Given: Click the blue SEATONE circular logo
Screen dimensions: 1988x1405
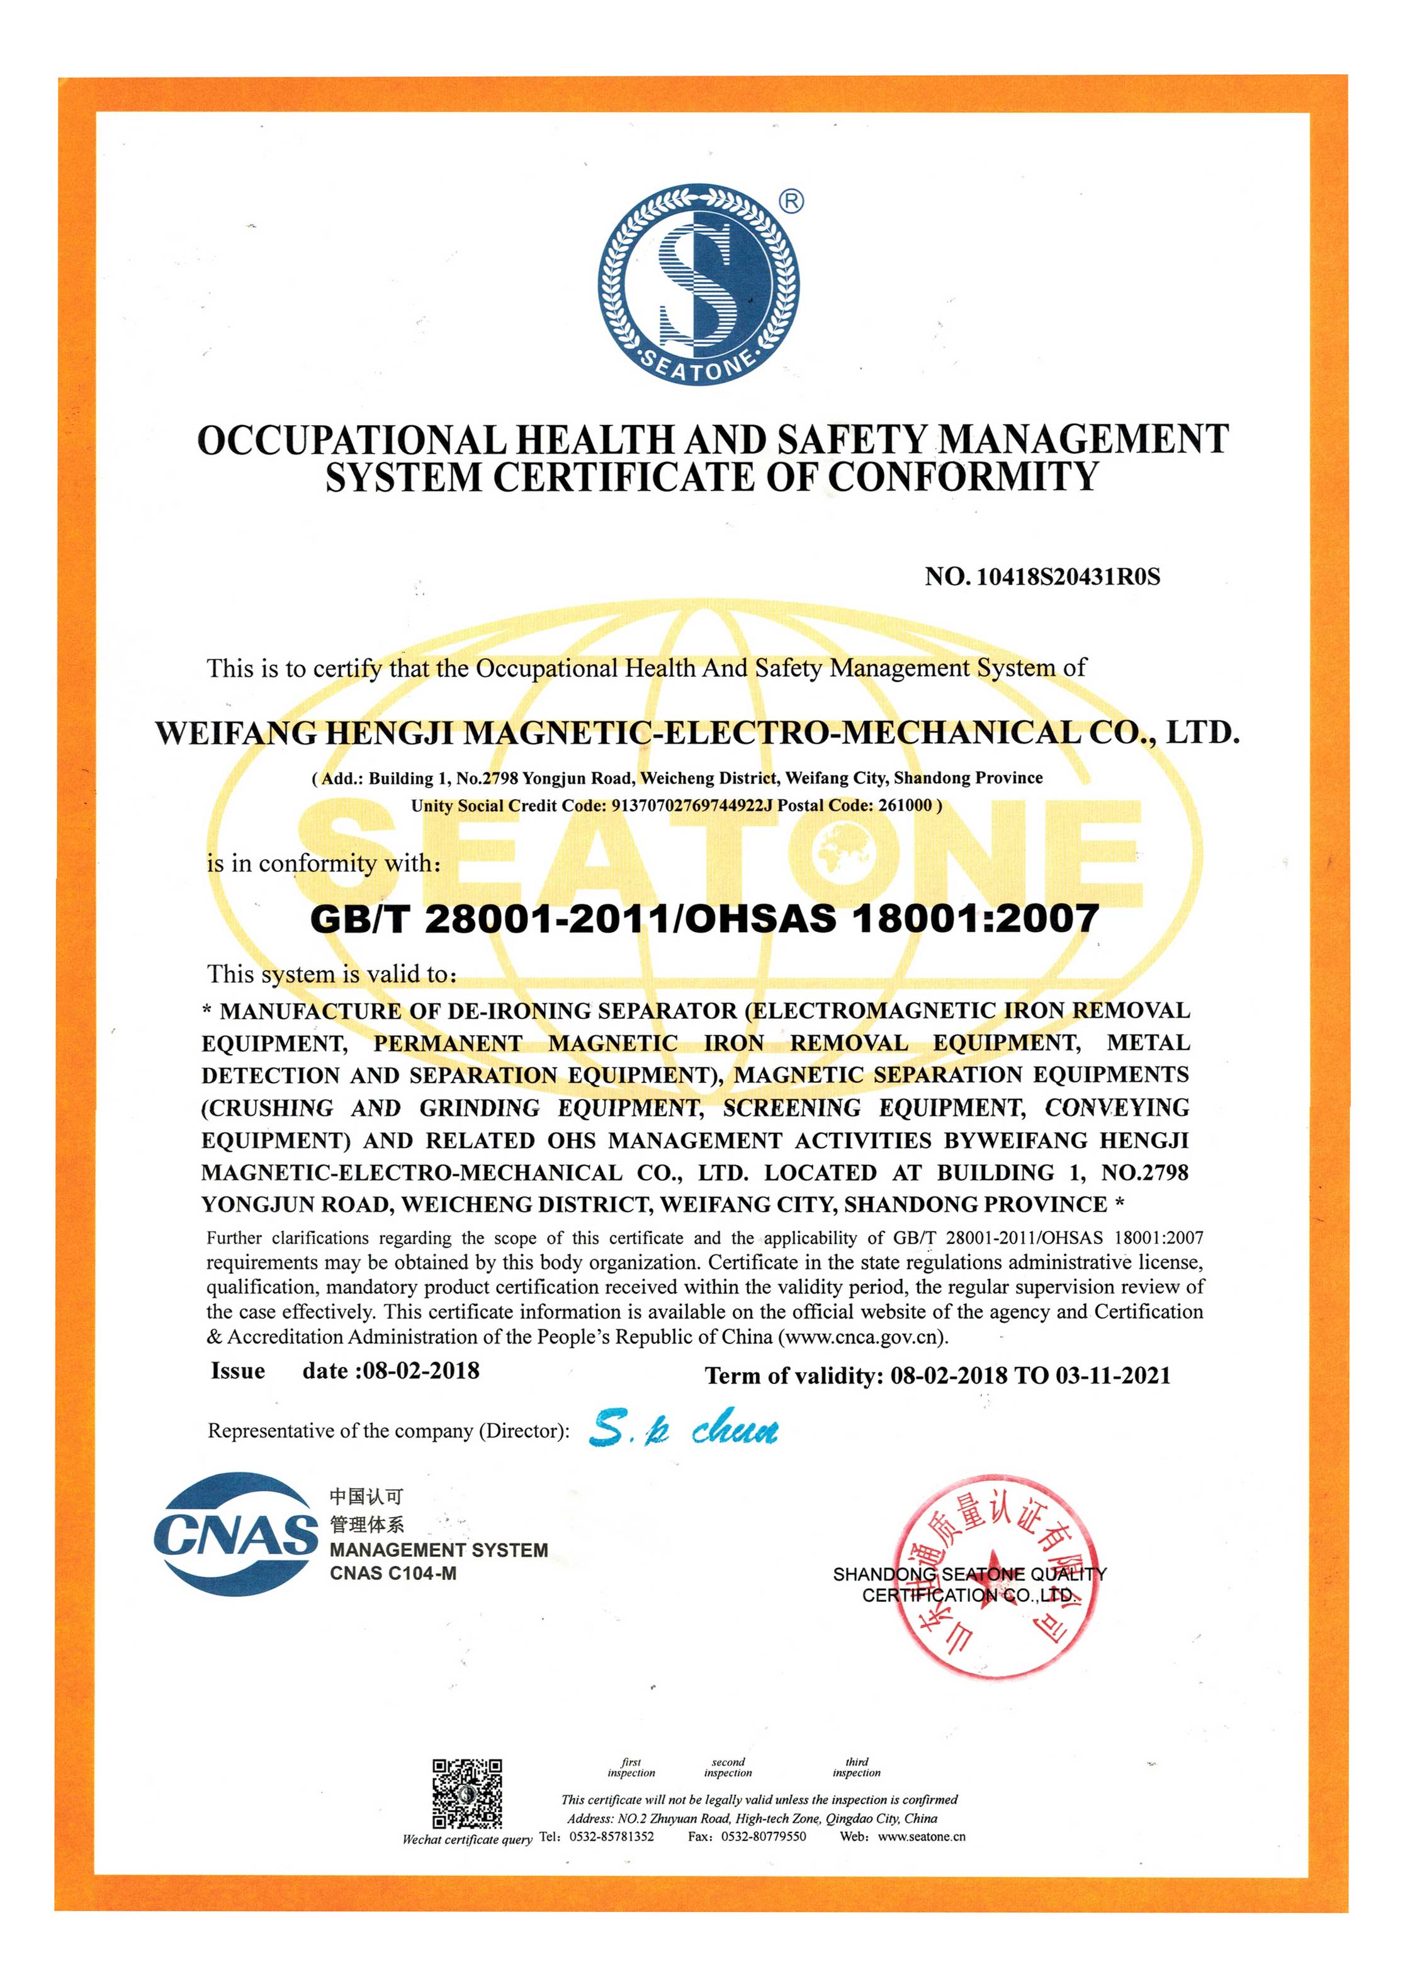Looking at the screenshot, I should tap(697, 284).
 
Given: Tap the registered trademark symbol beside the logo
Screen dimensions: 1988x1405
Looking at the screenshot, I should tap(791, 202).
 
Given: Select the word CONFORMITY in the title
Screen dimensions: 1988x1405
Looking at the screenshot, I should tap(962, 477).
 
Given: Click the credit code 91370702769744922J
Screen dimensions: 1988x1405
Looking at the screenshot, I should tap(691, 805).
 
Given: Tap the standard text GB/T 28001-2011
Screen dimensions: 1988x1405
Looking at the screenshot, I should tap(489, 919).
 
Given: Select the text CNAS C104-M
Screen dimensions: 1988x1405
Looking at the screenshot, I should tap(392, 1573).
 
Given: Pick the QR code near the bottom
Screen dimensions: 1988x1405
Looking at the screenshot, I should tap(466, 1792).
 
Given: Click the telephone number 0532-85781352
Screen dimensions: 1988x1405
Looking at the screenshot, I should tap(611, 1836).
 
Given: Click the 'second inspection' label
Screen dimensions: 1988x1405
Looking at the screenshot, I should tap(727, 1767).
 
